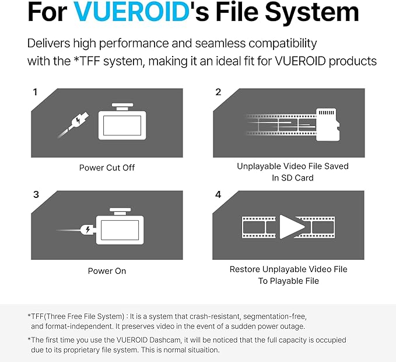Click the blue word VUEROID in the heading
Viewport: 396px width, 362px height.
[x=131, y=12]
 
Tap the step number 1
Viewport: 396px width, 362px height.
[x=35, y=92]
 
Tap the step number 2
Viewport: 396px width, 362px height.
[x=218, y=92]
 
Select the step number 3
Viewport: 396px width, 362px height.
[x=36, y=194]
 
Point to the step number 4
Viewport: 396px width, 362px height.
[x=218, y=194]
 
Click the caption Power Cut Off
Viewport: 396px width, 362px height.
[x=107, y=168]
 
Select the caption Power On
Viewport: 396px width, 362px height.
[x=107, y=271]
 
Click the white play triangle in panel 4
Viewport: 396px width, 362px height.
[x=292, y=227]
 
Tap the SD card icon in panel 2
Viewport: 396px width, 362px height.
[x=328, y=124]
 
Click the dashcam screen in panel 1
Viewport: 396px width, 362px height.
[x=122, y=126]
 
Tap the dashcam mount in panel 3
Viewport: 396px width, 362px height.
[x=120, y=211]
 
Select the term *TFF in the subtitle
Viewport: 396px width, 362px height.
[x=86, y=61]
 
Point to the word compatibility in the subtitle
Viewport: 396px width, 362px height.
[x=283, y=43]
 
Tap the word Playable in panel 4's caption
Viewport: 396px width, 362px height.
[x=283, y=281]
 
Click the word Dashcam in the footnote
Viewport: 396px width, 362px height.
[x=165, y=340]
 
